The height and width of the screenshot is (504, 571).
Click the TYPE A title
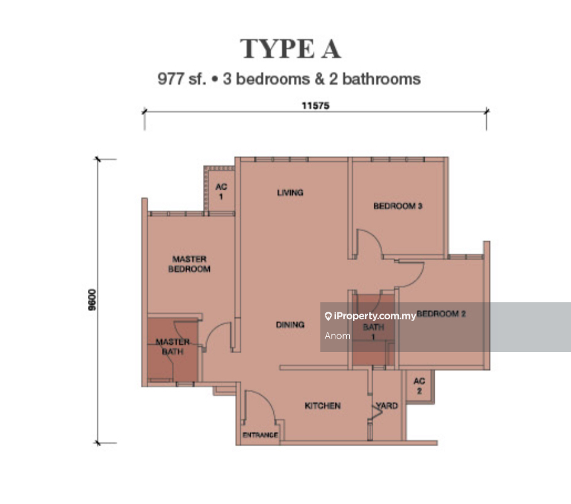pos(290,49)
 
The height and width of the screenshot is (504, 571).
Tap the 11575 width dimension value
pos(315,106)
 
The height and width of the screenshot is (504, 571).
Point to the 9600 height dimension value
pos(92,300)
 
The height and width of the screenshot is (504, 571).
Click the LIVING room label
pos(290,192)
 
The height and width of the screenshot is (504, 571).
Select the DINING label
pos(290,324)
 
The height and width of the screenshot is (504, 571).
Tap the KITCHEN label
pos(323,405)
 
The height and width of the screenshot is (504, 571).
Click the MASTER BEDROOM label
pos(189,264)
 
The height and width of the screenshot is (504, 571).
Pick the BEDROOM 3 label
pos(398,206)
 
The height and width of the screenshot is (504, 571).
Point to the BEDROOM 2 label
pos(441,314)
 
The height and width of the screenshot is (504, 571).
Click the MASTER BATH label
pos(173,346)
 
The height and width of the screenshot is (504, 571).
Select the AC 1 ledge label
pos(221,191)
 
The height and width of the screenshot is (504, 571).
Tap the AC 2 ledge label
pos(419,386)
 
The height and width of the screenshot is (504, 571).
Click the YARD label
pos(387,405)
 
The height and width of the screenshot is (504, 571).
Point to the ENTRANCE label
pos(260,435)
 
